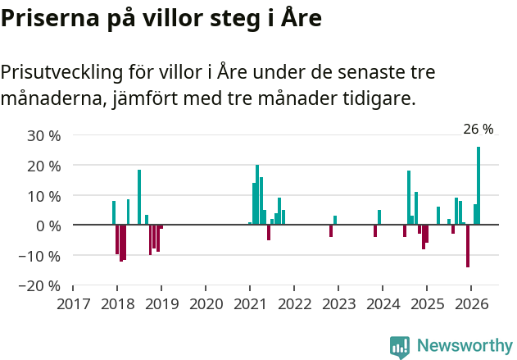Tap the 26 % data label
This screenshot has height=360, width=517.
coord(478,129)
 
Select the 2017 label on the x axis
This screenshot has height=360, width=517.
coord(73,304)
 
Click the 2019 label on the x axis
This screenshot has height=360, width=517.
coord(161,304)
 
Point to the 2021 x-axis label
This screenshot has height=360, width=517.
coord(250,304)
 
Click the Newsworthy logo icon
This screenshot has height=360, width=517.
coord(400,346)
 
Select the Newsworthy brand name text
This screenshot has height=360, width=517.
coord(464,346)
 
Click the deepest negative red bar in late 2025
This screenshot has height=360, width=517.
coord(468,245)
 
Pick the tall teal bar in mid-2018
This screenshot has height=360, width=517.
coord(139,197)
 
